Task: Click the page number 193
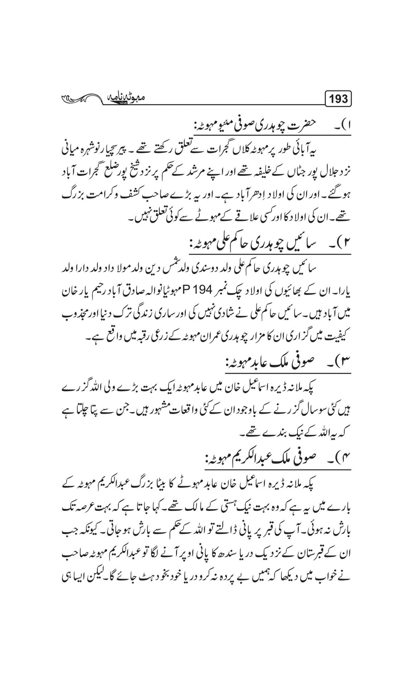(339, 99)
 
